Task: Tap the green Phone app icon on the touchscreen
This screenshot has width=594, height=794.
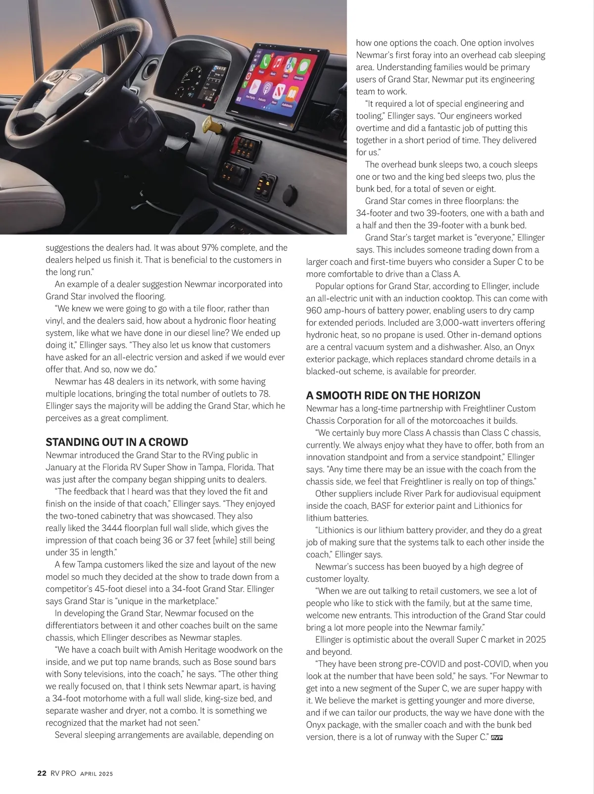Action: (x=266, y=62)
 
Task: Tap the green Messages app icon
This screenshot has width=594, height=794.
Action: (x=304, y=64)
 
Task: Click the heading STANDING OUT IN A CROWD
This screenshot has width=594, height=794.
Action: (x=117, y=442)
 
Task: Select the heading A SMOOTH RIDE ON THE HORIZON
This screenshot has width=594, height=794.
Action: (x=393, y=396)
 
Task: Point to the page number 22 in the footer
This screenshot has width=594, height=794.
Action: (x=42, y=773)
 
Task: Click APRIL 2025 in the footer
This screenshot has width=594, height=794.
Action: (x=97, y=774)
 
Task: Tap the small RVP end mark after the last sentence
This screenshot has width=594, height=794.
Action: (x=496, y=738)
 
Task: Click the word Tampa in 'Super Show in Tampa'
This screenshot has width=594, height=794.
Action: (x=209, y=467)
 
